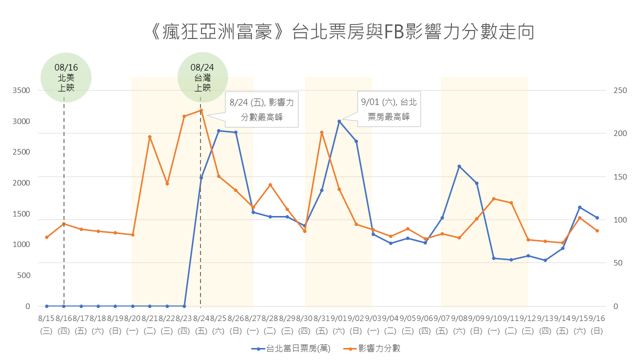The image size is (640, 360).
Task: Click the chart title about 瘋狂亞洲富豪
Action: pyautogui.click(x=342, y=31)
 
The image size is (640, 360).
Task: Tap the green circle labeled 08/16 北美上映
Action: pyautogui.click(x=66, y=77)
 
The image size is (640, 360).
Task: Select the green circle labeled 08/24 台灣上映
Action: pyautogui.click(x=202, y=77)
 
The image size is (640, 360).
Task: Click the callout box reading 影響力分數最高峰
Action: pyautogui.click(x=261, y=109)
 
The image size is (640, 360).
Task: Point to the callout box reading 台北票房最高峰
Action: pyautogui.click(x=388, y=109)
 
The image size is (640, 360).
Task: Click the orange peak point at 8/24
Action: pyautogui.click(x=201, y=110)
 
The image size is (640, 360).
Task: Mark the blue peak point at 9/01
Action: pyautogui.click(x=339, y=121)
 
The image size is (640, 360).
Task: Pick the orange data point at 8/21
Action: pyautogui.click(x=149, y=137)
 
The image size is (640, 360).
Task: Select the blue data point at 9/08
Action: pyautogui.click(x=459, y=166)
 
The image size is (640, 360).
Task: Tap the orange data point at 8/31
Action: pyautogui.click(x=322, y=132)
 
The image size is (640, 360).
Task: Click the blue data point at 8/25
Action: pyautogui.click(x=218, y=130)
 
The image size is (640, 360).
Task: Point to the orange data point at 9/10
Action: pyautogui.click(x=493, y=199)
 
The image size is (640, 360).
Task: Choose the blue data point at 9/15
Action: pyautogui.click(x=580, y=207)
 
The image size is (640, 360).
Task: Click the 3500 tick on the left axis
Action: pyautogui.click(x=21, y=90)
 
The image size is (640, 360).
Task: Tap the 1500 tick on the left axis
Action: pyautogui.click(x=21, y=213)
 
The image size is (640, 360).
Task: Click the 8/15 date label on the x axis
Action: pyautogui.click(x=46, y=318)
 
